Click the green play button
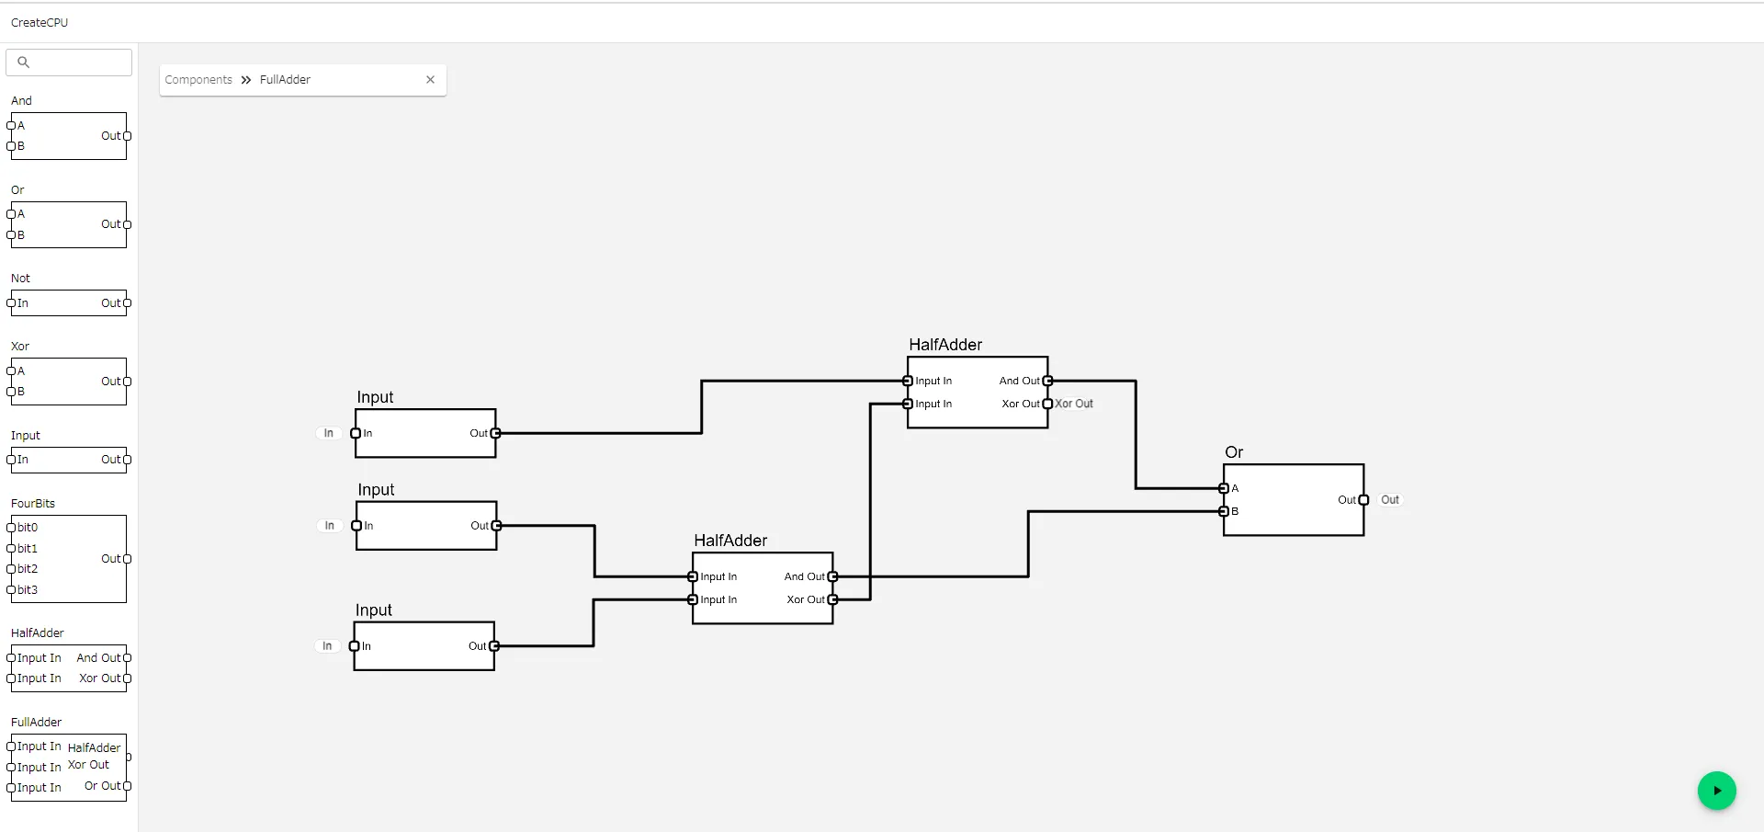pos(1716,791)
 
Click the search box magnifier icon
pos(24,63)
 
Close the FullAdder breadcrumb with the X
pos(430,80)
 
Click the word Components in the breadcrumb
pos(198,80)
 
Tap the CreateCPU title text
pos(40,23)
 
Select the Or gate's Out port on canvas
pos(1363,500)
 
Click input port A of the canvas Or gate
pos(1224,488)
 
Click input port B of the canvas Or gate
pos(1224,511)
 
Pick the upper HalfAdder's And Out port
pos(1047,381)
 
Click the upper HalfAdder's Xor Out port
pos(1047,404)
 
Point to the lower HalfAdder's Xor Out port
pos(832,599)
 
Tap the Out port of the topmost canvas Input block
pos(496,433)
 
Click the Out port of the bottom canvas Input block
pos(494,646)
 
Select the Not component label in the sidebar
pos(20,279)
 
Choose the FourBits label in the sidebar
pos(33,504)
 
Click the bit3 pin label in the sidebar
pos(28,590)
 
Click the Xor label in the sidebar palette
pos(20,347)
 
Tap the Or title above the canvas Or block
pos(1234,452)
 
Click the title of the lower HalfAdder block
pos(730,541)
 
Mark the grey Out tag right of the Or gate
pos(1390,500)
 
